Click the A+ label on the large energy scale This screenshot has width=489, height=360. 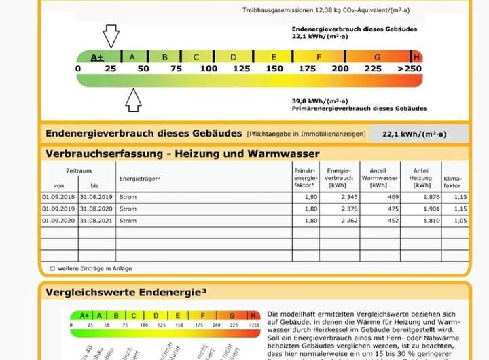97,57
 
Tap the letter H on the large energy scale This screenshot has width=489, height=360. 417,57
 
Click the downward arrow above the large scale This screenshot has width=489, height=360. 111,35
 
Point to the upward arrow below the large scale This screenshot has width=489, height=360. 133,100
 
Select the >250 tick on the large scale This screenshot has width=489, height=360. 410,69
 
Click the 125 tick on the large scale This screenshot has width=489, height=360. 241,69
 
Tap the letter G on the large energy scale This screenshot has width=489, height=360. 377,57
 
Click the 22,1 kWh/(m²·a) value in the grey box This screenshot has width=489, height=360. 419,134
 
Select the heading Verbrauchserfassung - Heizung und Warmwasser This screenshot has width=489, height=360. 182,154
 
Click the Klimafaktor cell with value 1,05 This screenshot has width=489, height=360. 452,221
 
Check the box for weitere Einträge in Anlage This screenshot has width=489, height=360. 52,269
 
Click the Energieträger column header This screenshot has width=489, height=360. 140,178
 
